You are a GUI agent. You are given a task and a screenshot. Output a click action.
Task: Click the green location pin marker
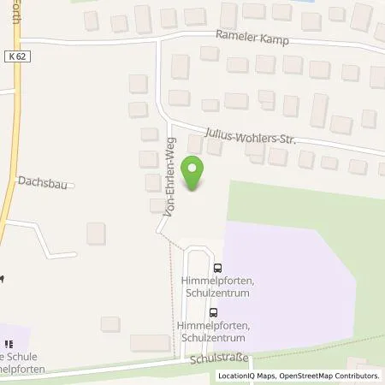click(x=195, y=172)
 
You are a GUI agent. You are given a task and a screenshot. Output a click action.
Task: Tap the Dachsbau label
click(x=43, y=181)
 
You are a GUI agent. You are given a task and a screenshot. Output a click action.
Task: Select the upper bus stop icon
click(x=217, y=267)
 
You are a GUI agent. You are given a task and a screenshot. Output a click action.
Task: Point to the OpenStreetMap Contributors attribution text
click(x=332, y=376)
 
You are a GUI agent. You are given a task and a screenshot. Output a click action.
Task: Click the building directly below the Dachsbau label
click(x=96, y=232)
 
